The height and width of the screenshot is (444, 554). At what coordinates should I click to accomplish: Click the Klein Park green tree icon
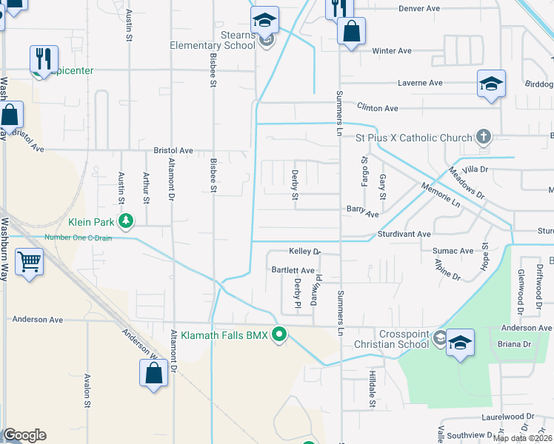pos(127,221)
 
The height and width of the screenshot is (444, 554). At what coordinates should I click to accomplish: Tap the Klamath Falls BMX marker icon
pos(279,335)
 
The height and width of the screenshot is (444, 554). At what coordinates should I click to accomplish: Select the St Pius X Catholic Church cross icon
pos(483,137)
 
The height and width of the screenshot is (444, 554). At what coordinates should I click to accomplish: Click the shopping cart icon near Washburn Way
pos(28,260)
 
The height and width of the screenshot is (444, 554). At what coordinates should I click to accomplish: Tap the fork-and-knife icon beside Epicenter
pos(44,58)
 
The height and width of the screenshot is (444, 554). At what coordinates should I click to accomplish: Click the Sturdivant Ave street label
pos(405,234)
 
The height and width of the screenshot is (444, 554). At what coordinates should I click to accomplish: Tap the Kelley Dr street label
pos(304,252)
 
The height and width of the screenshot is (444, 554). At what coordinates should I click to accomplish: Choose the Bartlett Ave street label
pos(293,271)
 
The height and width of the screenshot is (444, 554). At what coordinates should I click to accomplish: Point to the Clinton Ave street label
pos(378,108)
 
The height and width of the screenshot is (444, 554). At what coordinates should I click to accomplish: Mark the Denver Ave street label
pos(419,8)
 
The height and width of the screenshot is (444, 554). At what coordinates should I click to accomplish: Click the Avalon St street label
pos(87,388)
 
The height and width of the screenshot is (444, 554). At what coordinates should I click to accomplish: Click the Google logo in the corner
pos(24,435)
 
